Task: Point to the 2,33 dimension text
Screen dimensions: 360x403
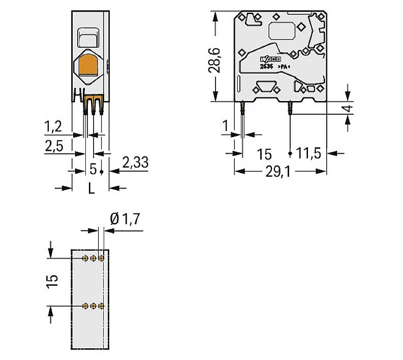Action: point(135,163)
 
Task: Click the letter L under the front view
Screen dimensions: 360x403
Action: point(91,188)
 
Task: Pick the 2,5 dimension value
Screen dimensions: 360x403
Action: point(54,147)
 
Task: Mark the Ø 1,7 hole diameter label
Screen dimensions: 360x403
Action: point(125,219)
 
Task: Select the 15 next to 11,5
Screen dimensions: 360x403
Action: point(264,154)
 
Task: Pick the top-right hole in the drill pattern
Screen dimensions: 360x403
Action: point(102,258)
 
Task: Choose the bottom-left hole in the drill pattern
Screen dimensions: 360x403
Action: point(85,306)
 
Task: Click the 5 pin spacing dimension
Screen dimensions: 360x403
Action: point(92,168)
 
